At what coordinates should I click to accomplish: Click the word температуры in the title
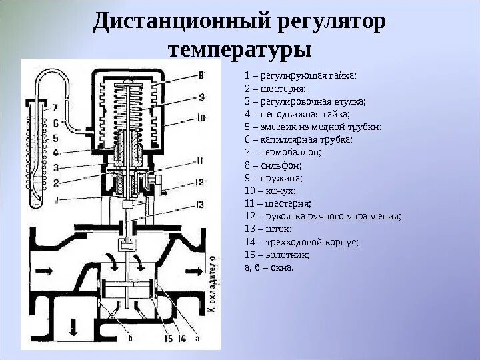point(240,49)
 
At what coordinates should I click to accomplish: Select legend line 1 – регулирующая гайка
point(301,75)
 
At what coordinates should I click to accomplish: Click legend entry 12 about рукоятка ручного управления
point(323,217)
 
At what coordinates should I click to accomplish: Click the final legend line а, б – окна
point(269,267)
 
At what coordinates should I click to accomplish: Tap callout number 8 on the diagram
point(201,75)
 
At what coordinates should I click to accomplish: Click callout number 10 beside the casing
point(201,119)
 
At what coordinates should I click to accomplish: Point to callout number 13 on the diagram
point(199,204)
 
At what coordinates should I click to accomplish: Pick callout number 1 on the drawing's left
point(58,199)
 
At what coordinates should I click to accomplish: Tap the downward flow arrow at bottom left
point(73,327)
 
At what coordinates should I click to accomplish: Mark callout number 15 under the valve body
point(168,339)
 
